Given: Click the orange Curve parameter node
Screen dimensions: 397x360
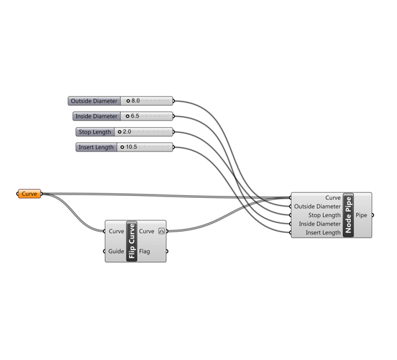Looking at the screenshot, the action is [x=29, y=194].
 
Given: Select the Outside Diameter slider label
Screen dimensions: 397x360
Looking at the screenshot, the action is [x=94, y=101].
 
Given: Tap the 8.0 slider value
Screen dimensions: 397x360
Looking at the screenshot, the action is [x=136, y=101].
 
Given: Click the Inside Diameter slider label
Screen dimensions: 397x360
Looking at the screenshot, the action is [x=97, y=116].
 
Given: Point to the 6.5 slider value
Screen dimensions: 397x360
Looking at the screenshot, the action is [x=135, y=116].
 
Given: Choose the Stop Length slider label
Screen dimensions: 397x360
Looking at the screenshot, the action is [x=95, y=132].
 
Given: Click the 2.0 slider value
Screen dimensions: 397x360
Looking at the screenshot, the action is [x=127, y=132].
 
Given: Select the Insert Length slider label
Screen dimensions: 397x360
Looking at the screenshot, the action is [x=96, y=147].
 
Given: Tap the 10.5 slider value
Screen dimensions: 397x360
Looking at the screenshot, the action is [x=132, y=147].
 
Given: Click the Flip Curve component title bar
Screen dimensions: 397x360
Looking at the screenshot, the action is [x=132, y=241].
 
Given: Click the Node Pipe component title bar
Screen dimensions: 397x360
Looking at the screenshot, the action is [x=349, y=215].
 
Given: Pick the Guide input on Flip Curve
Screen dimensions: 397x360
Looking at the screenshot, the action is [x=116, y=251].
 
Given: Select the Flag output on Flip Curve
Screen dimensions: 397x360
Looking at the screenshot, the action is [x=144, y=251].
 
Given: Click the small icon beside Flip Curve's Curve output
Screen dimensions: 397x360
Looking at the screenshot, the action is [x=161, y=231].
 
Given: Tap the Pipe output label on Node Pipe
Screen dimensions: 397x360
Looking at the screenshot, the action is [x=361, y=215].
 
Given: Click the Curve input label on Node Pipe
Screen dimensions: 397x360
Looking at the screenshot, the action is [x=333, y=198].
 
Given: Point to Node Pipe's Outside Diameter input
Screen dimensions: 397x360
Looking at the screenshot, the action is [x=317, y=206].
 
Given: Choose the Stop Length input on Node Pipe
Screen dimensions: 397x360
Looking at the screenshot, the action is [x=325, y=215].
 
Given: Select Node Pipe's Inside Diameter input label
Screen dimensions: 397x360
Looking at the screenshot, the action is [x=320, y=224].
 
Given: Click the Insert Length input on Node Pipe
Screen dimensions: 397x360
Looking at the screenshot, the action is [x=324, y=233].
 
